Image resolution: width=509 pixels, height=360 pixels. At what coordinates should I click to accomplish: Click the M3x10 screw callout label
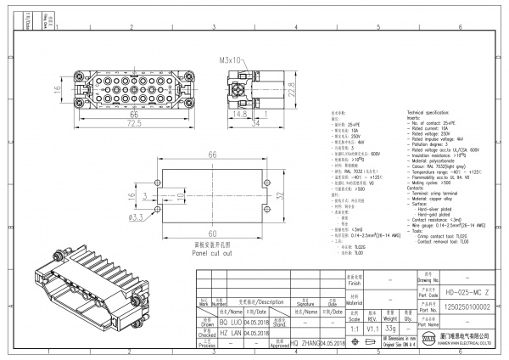point(231,61)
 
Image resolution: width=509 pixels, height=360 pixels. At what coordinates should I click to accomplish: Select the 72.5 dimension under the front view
point(110,124)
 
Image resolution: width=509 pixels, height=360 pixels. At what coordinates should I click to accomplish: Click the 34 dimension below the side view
point(255,124)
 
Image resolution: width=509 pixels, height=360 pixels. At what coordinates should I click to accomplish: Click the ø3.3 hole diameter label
point(137,217)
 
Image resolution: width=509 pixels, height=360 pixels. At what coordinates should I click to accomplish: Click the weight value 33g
point(391,328)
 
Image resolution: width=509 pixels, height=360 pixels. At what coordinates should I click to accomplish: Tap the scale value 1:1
point(353,328)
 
